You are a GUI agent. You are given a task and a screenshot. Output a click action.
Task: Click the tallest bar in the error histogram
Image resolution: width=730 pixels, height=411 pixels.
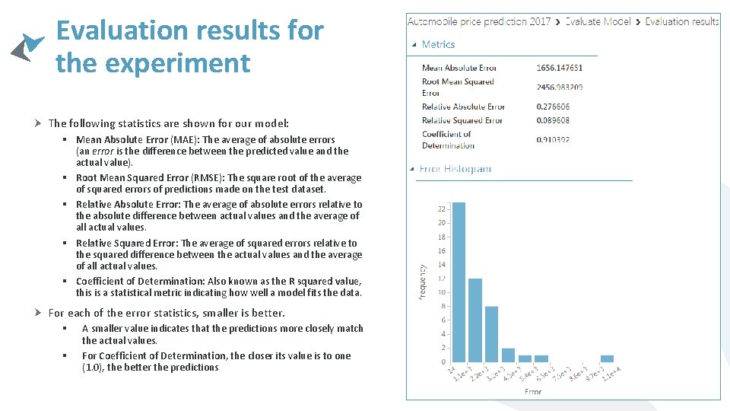pos(459,282)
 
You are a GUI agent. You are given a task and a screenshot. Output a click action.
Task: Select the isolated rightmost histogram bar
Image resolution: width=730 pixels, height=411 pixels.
pos(607,358)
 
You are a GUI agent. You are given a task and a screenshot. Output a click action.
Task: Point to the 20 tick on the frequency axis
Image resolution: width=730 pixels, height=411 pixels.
pos(442,223)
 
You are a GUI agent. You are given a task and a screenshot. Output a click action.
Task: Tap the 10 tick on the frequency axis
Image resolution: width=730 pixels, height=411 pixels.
pos(442,292)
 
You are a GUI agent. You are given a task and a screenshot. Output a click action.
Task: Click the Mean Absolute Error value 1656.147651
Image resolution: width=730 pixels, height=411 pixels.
pos(560,68)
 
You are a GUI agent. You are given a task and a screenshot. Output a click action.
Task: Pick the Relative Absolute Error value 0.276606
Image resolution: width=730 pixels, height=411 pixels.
pos(553,107)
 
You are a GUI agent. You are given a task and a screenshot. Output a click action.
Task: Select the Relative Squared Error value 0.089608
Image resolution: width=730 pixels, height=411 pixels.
pos(553,120)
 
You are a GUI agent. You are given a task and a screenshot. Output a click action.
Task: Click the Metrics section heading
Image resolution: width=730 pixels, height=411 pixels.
pos(438,45)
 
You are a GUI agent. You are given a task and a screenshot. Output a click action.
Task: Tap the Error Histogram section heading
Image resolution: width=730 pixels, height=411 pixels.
pos(455,169)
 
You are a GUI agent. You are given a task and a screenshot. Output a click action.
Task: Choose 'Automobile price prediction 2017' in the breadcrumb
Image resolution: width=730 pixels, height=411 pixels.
pos(479,21)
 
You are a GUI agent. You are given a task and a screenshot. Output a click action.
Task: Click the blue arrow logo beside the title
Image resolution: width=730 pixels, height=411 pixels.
pos(27,46)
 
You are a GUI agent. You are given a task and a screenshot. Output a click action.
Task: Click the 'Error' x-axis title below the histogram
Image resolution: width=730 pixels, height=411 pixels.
pos(532,391)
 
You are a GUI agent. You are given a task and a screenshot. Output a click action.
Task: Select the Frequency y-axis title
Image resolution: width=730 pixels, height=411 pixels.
pos(422,282)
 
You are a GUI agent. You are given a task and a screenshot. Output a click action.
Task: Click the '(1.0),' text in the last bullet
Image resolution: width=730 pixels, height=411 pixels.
pos(94,368)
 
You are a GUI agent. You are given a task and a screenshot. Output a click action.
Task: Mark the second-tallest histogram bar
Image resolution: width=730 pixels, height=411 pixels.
pos(475,320)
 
